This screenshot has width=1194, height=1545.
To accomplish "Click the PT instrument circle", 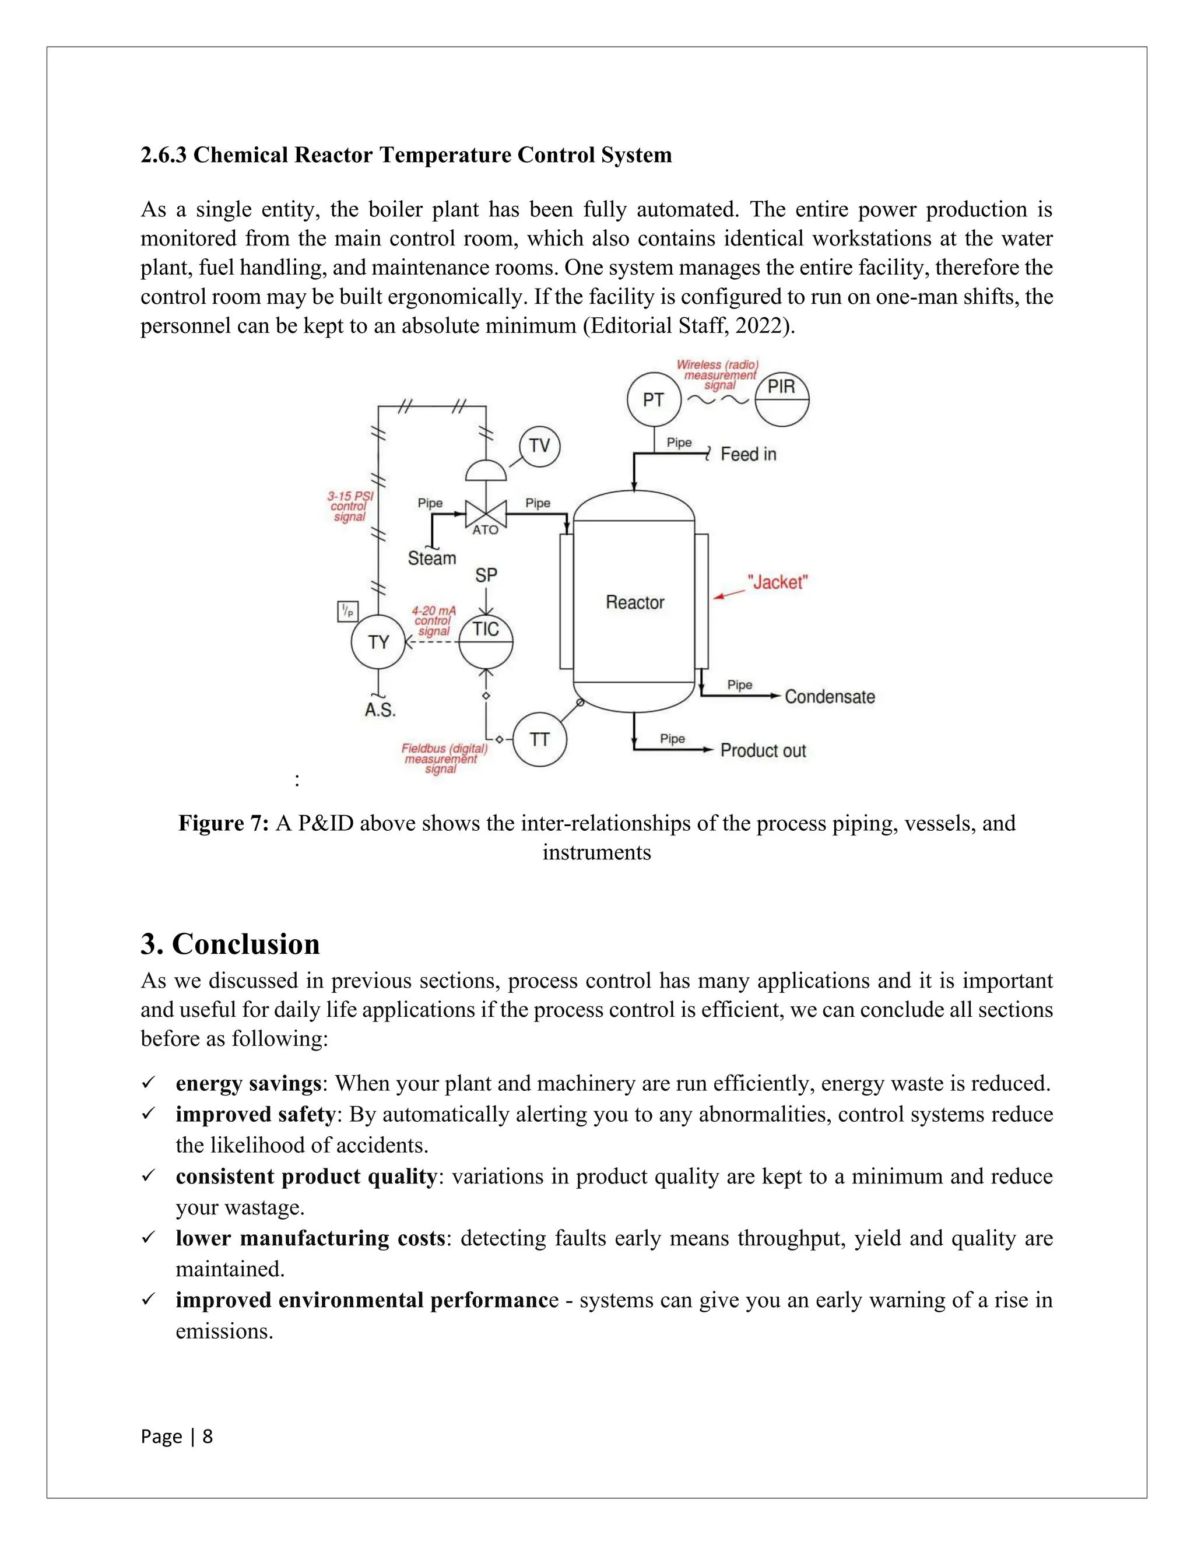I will [654, 400].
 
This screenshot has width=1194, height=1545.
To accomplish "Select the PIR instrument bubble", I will [782, 400].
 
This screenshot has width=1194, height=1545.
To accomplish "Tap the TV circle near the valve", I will [539, 445].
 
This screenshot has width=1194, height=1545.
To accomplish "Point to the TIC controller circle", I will [486, 642].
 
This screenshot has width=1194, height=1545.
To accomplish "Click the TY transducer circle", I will [378, 642].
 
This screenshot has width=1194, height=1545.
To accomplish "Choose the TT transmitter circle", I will [539, 739].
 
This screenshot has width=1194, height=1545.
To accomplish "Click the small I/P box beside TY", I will [347, 611].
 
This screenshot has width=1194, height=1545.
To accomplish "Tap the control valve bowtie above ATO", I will [486, 512].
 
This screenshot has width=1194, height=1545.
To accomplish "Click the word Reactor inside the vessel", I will [634, 603].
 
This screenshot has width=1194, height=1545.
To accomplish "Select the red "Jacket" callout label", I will [777, 582].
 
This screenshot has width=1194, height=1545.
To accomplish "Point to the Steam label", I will [431, 558].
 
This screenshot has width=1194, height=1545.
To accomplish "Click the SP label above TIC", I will [486, 575].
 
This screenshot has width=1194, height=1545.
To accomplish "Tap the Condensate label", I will [830, 697].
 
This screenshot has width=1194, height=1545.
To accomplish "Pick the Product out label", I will [763, 750].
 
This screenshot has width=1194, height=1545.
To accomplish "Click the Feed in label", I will [749, 454].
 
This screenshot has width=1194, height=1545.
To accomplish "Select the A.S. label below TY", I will [380, 710].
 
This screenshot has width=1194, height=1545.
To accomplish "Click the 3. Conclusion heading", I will [231, 944].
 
